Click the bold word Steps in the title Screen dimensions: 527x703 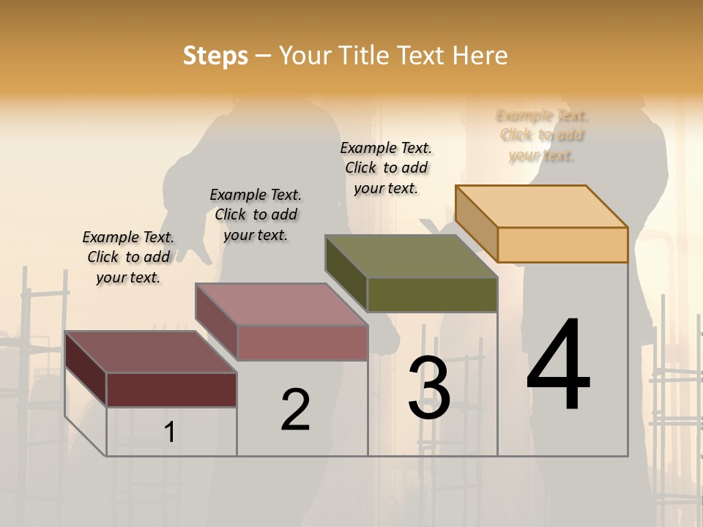click(x=215, y=56)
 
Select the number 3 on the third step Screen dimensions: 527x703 click(x=429, y=387)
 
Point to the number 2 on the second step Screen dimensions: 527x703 click(x=296, y=409)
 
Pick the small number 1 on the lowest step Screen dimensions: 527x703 click(x=170, y=433)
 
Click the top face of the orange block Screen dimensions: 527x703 click(x=542, y=206)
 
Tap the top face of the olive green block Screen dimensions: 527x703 click(x=412, y=256)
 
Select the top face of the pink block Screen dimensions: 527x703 click(x=281, y=304)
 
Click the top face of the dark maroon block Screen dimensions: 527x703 click(x=151, y=352)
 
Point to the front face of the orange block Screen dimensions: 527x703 click(x=562, y=244)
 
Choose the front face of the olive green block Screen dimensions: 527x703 click(x=432, y=294)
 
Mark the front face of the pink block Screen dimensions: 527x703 click(x=302, y=343)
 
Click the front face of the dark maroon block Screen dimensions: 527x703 click(x=171, y=389)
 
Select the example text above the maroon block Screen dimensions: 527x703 click(x=128, y=257)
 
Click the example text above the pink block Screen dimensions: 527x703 click(x=256, y=214)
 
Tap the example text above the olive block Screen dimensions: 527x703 click(x=386, y=168)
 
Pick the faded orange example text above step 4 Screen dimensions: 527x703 click(x=542, y=135)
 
